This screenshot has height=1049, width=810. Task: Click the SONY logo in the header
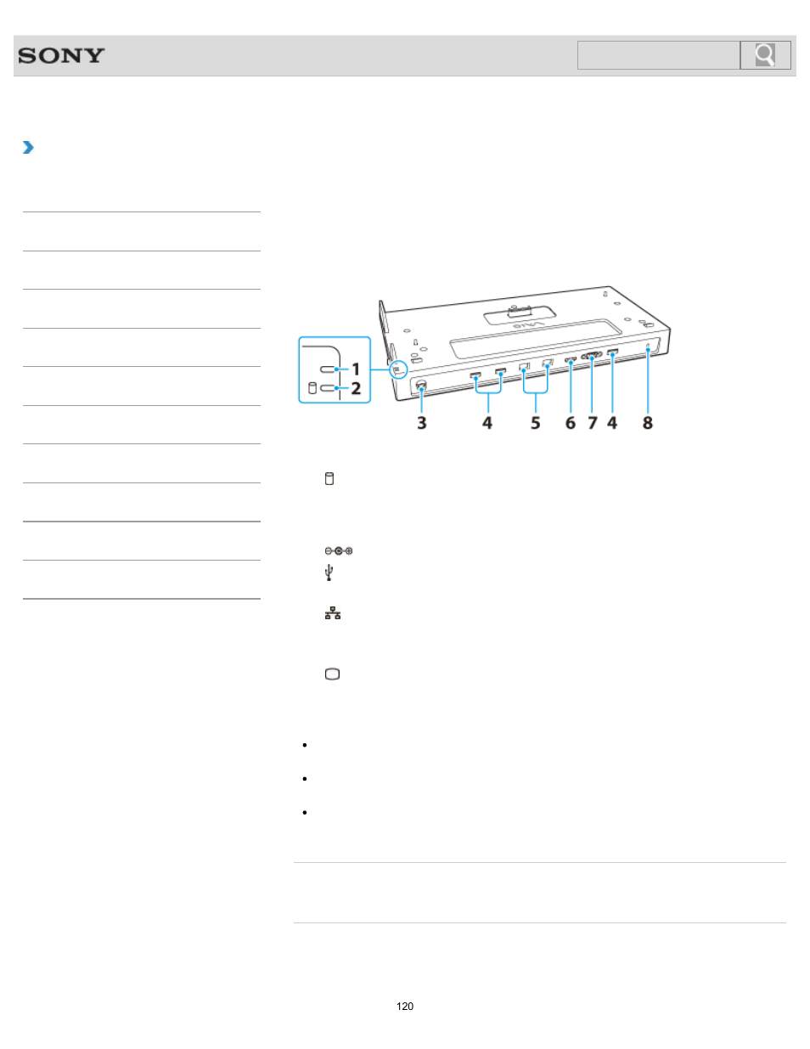[x=61, y=56]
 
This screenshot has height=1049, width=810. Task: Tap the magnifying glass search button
[x=765, y=55]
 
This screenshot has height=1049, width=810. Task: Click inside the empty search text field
[x=658, y=55]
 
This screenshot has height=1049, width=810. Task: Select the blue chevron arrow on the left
[x=28, y=148]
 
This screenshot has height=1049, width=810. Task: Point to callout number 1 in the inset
[x=356, y=369]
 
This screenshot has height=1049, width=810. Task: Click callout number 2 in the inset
[x=356, y=388]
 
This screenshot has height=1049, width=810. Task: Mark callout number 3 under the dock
[x=421, y=423]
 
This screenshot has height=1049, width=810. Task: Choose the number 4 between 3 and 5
[x=487, y=423]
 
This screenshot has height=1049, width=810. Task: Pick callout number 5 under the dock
[x=536, y=423]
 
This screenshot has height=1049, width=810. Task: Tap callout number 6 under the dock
[x=571, y=423]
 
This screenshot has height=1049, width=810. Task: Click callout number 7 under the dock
[x=593, y=423]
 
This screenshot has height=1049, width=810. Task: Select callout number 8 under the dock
[x=648, y=423]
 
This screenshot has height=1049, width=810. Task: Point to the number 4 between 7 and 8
[x=612, y=423]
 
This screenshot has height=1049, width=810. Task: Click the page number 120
[x=405, y=1007]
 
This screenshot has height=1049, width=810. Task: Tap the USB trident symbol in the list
[x=329, y=573]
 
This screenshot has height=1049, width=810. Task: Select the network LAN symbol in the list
[x=332, y=613]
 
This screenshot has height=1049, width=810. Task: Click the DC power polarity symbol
[x=338, y=551]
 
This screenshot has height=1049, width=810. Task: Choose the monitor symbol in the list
[x=332, y=674]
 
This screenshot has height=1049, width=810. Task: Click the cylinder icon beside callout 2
[x=312, y=388]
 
